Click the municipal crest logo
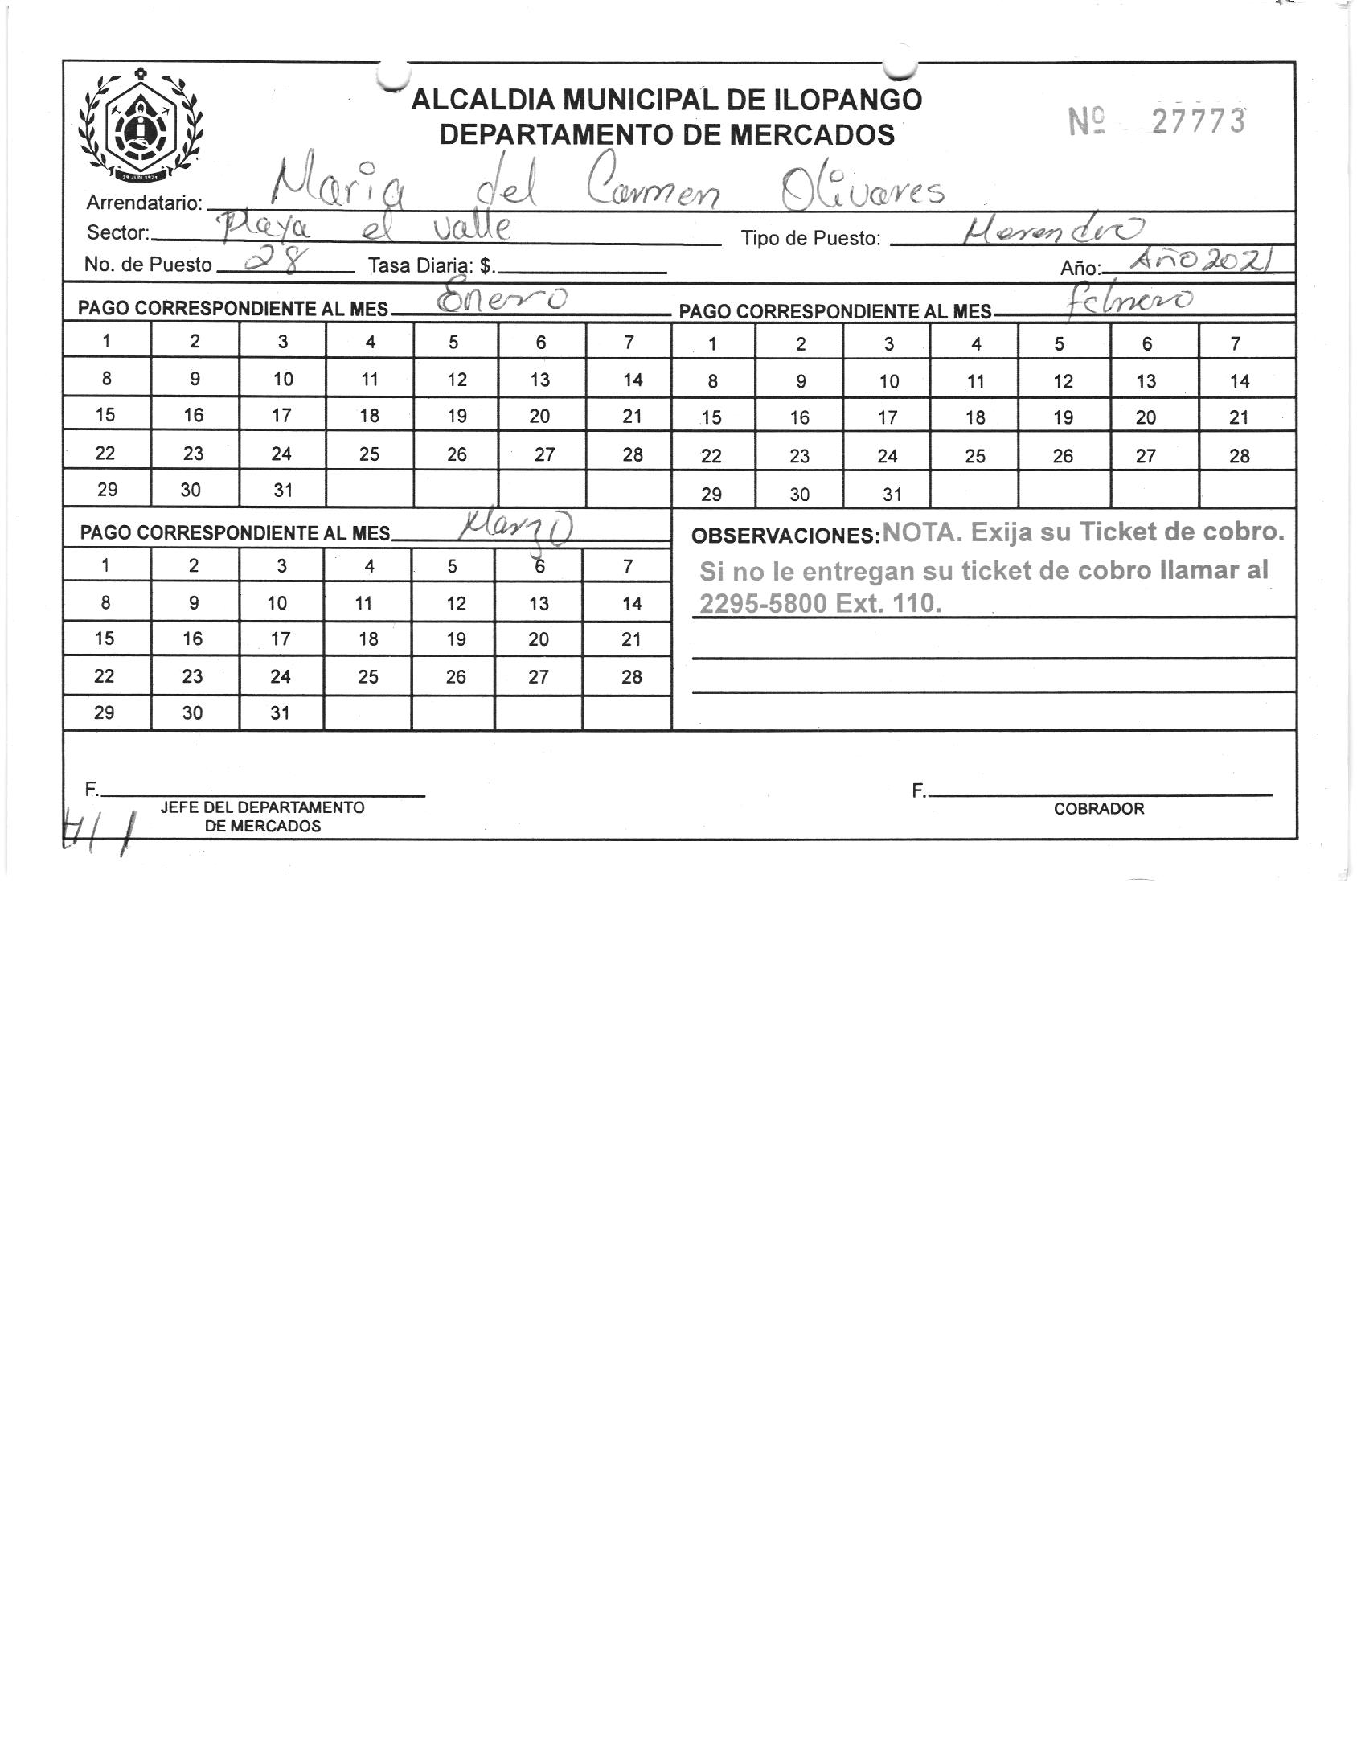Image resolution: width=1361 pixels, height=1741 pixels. pyautogui.click(x=141, y=125)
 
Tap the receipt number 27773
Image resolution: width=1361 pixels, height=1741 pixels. pyautogui.click(x=1198, y=121)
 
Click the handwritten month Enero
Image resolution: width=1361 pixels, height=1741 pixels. pyautogui.click(x=502, y=300)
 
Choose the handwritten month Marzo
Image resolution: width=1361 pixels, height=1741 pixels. pyautogui.click(x=514, y=528)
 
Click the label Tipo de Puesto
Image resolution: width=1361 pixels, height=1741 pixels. pyautogui.click(x=810, y=239)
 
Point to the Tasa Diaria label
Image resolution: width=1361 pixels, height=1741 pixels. pyautogui.click(x=430, y=265)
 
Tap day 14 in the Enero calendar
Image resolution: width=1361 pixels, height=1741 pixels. pyautogui.click(x=632, y=379)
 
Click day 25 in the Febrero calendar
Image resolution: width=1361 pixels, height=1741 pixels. pyautogui.click(x=974, y=456)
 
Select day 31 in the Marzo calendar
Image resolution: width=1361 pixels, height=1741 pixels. pyautogui.click(x=280, y=712)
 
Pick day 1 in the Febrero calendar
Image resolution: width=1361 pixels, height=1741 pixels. pyautogui.click(x=712, y=344)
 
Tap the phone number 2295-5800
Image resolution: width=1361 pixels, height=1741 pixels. pyautogui.click(x=763, y=603)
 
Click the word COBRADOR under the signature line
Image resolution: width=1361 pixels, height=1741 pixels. pyautogui.click(x=1098, y=809)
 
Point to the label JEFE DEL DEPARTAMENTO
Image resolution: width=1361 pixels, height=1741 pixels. pyautogui.click(x=262, y=807)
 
